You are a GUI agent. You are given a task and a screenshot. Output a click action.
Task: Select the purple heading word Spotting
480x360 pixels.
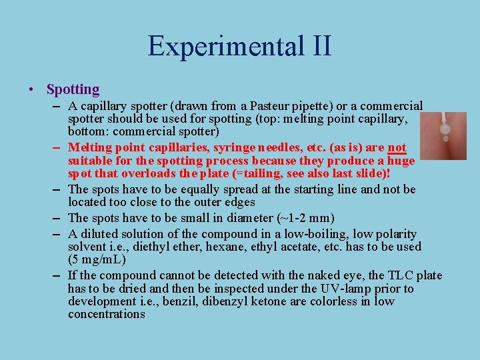click(73, 89)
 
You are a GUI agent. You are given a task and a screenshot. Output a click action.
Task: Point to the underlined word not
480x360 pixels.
click(397, 147)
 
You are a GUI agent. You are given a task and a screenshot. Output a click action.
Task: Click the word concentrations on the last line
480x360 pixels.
click(106, 314)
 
